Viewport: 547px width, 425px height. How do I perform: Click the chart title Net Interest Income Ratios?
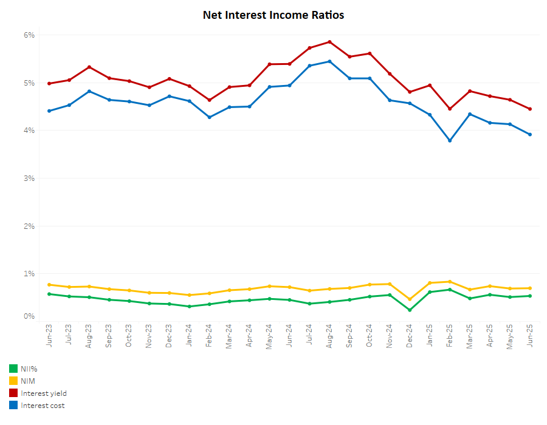pos(273,15)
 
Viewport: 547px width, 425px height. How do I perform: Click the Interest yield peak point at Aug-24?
pos(329,42)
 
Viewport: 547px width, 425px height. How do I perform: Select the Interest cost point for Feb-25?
pos(450,140)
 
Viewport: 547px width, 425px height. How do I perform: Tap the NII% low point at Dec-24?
pos(410,310)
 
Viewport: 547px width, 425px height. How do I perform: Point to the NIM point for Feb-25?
pos(450,282)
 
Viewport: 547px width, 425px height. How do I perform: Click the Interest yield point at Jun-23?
pos(49,83)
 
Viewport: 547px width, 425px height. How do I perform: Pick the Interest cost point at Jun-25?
pos(530,134)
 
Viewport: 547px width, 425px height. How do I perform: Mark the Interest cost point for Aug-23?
pos(89,91)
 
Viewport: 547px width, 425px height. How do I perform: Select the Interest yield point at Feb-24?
pos(210,100)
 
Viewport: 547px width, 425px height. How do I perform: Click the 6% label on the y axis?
pos(29,35)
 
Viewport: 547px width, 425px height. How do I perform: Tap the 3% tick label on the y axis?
pos(29,178)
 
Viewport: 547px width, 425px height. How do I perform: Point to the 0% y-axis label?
pos(29,316)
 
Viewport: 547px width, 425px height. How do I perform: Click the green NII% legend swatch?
pos(13,369)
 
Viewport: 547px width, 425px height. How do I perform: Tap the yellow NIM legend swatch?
pos(13,381)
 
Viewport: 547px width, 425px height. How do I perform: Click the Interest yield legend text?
pos(44,393)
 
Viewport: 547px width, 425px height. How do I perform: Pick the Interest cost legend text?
pos(43,406)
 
